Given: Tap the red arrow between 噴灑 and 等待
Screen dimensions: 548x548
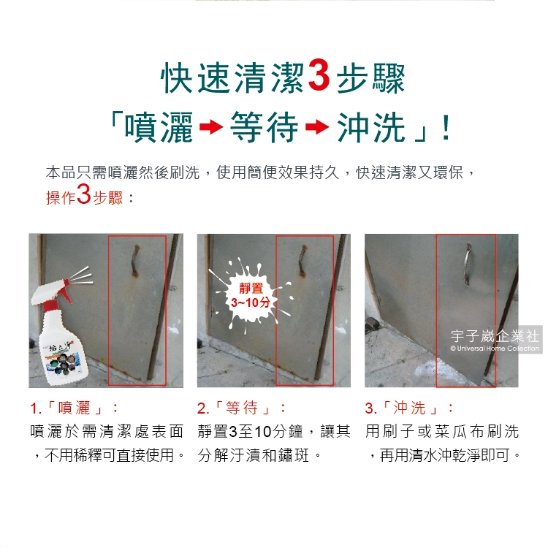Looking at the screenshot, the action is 211,126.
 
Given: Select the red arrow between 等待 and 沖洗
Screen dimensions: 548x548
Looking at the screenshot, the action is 317,126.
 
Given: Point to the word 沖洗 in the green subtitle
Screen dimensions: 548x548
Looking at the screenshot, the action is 371,127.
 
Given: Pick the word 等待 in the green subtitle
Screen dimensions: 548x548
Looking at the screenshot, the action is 265,127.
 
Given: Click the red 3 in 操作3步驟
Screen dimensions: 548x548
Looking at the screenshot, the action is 83,194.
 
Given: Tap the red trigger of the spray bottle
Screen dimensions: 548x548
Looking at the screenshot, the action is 63,293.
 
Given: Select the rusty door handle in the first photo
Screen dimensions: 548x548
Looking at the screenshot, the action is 135,261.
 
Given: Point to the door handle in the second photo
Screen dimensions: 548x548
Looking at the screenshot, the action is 302,261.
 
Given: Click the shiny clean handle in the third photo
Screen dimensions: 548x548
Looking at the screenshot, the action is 468,264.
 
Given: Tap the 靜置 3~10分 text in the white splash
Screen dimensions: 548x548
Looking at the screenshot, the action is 250,295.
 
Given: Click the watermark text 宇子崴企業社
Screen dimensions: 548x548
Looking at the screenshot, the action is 495,336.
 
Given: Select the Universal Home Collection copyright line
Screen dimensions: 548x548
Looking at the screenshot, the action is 495,348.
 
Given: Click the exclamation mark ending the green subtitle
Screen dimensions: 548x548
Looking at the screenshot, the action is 446,128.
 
